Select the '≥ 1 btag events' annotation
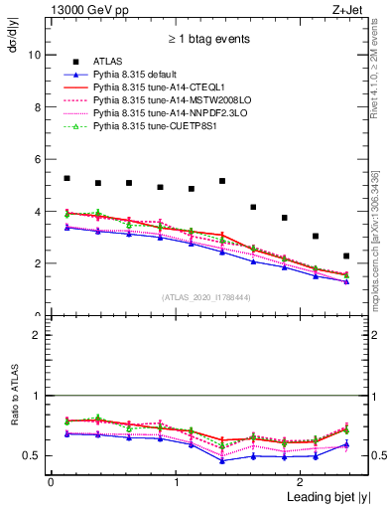click(x=208, y=40)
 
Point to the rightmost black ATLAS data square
click(x=345, y=256)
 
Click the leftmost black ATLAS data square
click(x=66, y=178)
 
